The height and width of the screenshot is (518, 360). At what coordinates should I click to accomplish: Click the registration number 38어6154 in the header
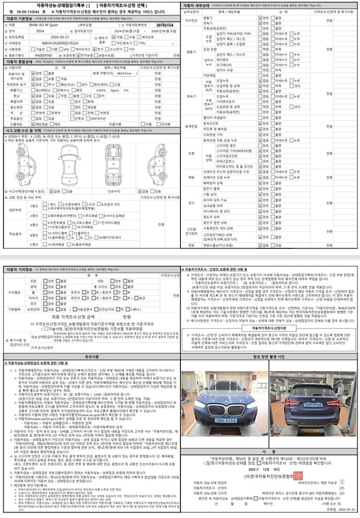(165, 25)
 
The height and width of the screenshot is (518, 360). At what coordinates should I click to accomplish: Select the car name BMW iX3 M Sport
(43, 25)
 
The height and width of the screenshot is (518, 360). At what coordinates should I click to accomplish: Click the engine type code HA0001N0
(43, 55)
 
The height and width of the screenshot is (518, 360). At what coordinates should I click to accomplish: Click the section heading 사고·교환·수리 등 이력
(23, 131)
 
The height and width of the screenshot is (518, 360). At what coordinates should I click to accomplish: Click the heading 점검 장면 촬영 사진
(269, 357)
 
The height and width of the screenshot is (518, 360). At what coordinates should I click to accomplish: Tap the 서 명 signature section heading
(269, 452)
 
